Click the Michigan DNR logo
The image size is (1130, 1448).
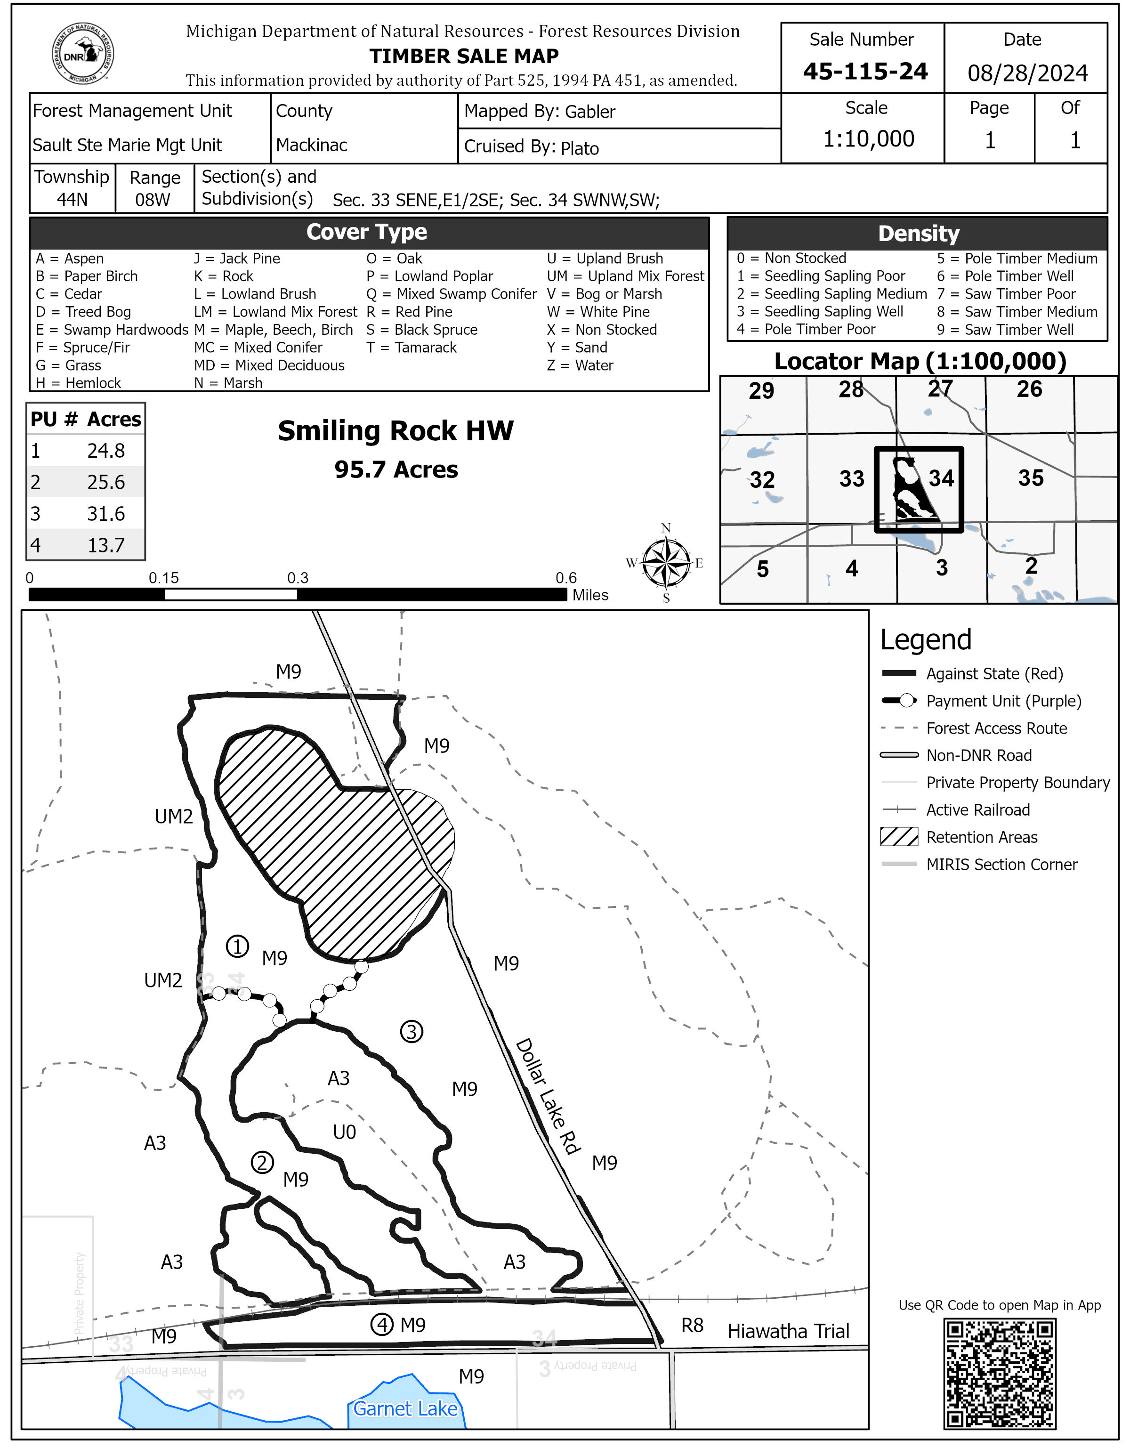tap(83, 54)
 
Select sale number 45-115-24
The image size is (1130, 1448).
tap(865, 72)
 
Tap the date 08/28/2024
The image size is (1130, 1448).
tap(1026, 73)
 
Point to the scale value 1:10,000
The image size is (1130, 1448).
tap(868, 138)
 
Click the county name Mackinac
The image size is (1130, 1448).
tap(312, 145)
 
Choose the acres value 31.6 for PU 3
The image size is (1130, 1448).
tap(106, 514)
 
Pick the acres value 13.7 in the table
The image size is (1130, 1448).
tap(106, 545)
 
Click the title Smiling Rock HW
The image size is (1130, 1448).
tap(395, 431)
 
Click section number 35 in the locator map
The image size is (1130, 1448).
tap(1031, 478)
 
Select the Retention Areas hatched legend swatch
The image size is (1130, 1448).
tap(899, 837)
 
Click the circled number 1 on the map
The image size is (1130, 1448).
tap(237, 946)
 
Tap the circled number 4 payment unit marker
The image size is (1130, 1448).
tap(382, 1325)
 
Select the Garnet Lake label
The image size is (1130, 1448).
tap(405, 1408)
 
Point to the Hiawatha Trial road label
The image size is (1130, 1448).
tap(788, 1331)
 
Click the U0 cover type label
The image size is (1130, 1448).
tap(345, 1132)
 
